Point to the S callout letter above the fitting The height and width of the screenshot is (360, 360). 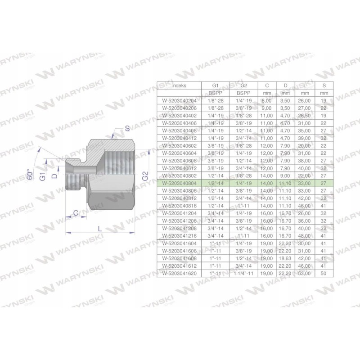coord(127,128)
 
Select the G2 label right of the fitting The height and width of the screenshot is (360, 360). coord(144,177)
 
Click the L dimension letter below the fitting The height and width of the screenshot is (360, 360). coord(100,229)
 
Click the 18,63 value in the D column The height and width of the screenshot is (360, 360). coord(284,259)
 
